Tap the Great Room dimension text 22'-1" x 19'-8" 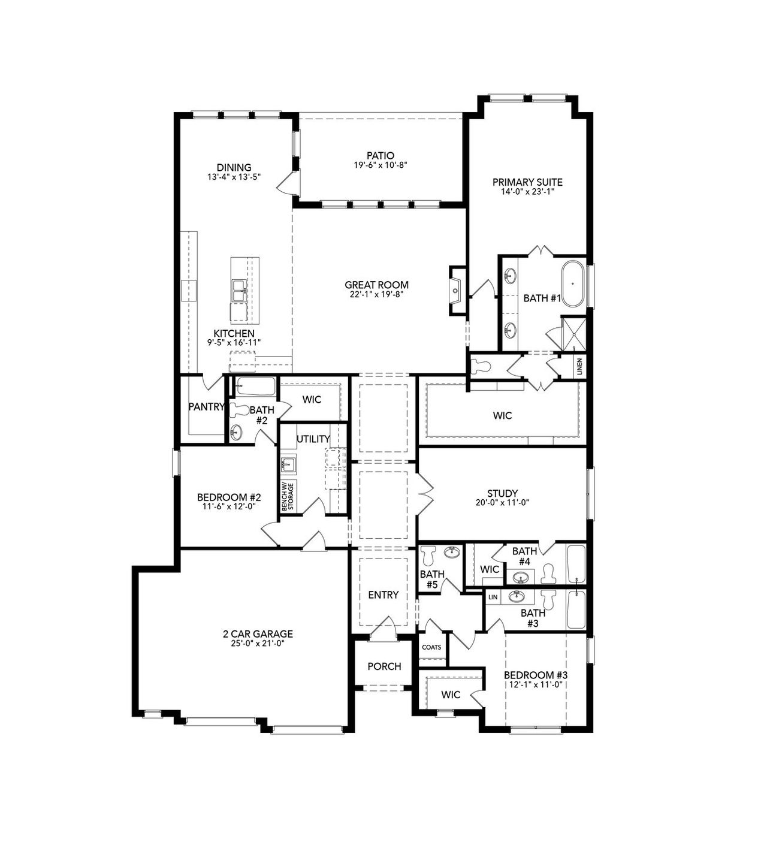coord(376,294)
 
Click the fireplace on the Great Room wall coord(457,291)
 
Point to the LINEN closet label coord(579,367)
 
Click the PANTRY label coord(206,406)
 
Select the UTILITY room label coord(313,439)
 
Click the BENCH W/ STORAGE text coord(289,496)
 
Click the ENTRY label coord(383,594)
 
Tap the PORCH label coord(384,666)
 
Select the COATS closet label coord(431,647)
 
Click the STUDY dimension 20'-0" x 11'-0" coord(502,503)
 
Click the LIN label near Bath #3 coord(493,597)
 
